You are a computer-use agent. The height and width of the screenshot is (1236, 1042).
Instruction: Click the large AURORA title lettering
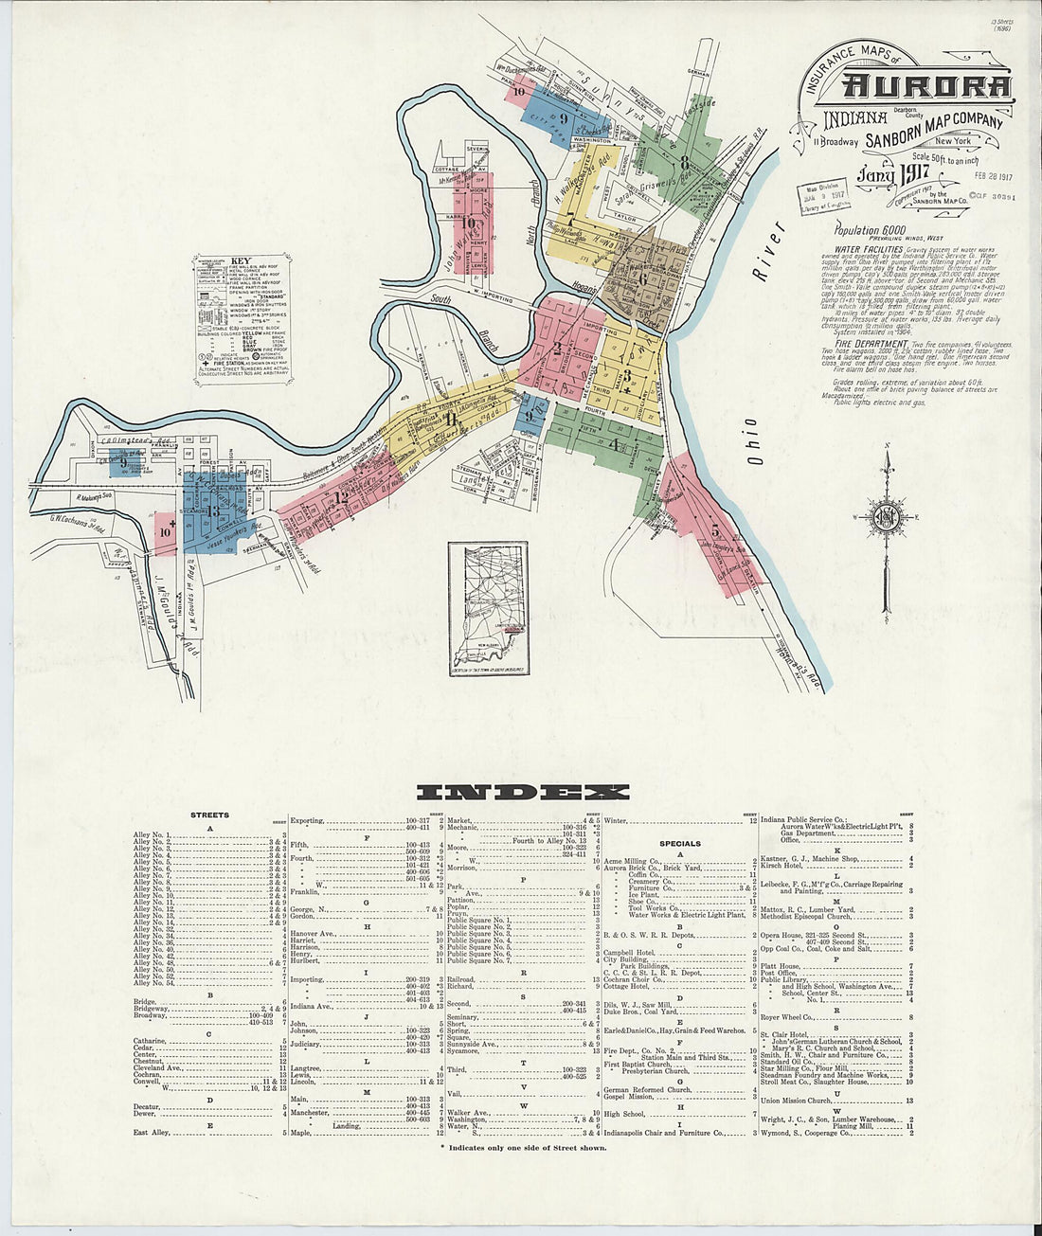(926, 87)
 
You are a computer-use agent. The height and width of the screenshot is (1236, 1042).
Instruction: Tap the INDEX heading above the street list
(522, 793)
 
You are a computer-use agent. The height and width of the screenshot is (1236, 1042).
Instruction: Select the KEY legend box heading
(240, 260)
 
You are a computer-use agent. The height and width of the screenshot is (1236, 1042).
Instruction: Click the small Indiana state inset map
(488, 608)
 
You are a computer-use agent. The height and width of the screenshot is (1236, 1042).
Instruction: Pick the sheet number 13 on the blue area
(214, 512)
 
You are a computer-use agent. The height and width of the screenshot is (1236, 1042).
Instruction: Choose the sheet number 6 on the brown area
(642, 279)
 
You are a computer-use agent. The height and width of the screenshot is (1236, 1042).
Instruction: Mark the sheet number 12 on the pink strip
(341, 496)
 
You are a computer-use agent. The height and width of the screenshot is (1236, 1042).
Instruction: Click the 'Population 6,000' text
(870, 230)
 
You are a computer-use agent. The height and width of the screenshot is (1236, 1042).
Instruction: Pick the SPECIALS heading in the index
(680, 843)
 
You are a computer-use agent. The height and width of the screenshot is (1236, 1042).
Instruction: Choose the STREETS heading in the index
(209, 815)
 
